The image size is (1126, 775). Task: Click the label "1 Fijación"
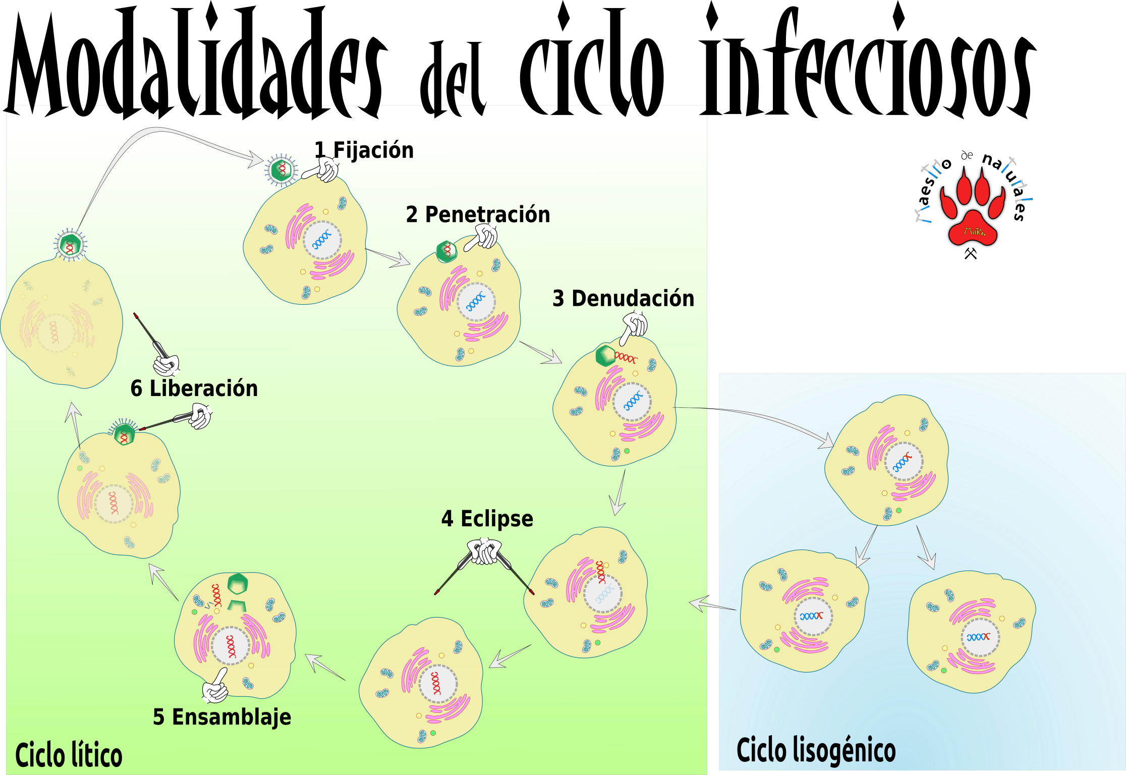pyautogui.click(x=364, y=150)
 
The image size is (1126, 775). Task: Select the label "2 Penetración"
pyautogui.click(x=477, y=214)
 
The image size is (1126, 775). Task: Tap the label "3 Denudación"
pyautogui.click(x=623, y=298)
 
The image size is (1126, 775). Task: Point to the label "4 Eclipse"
pyautogui.click(x=487, y=519)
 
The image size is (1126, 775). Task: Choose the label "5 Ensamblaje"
pyautogui.click(x=222, y=717)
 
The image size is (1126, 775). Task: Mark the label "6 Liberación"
pyautogui.click(x=194, y=389)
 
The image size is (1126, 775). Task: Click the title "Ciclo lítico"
pyautogui.click(x=69, y=755)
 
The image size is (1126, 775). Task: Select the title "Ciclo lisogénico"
pyautogui.click(x=816, y=750)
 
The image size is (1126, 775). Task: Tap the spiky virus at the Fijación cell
pyautogui.click(x=281, y=170)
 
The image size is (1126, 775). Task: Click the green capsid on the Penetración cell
pyautogui.click(x=446, y=251)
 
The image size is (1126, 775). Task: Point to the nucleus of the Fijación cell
pyautogui.click(x=322, y=240)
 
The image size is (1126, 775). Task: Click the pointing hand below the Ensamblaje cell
pyautogui.click(x=215, y=687)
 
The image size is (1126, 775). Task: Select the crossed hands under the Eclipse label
pyautogui.click(x=484, y=551)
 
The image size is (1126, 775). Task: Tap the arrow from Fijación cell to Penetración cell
pyautogui.click(x=389, y=257)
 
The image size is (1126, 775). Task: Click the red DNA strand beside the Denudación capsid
pyautogui.click(x=626, y=358)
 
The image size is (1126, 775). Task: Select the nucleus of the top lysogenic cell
pyautogui.click(x=904, y=462)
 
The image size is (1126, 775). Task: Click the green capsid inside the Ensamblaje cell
pyautogui.click(x=238, y=584)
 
